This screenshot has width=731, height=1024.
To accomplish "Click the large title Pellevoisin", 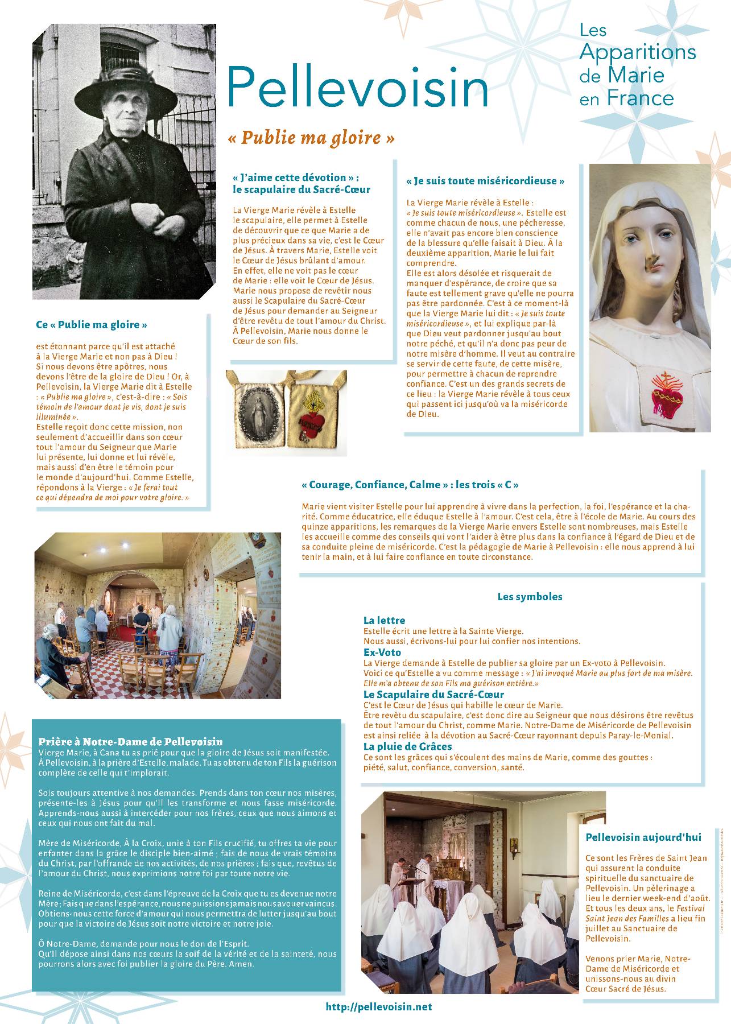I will point(358,87).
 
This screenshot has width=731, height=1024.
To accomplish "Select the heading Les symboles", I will point(530,597).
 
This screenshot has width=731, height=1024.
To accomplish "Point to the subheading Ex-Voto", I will point(382,653).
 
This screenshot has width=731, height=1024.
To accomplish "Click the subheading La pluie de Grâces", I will point(407,746).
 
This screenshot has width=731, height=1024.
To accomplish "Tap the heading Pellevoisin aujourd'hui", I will point(643,837).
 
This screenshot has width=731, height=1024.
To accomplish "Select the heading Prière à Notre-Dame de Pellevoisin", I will point(130,742).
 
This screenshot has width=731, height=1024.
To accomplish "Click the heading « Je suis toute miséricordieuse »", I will point(485,181).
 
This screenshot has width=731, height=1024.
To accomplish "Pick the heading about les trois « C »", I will point(410,485).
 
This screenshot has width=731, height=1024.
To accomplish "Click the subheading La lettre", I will point(384,621).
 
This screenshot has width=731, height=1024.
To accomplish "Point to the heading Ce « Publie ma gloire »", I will point(92,325).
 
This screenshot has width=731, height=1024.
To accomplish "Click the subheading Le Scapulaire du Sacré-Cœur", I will point(433,695).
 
